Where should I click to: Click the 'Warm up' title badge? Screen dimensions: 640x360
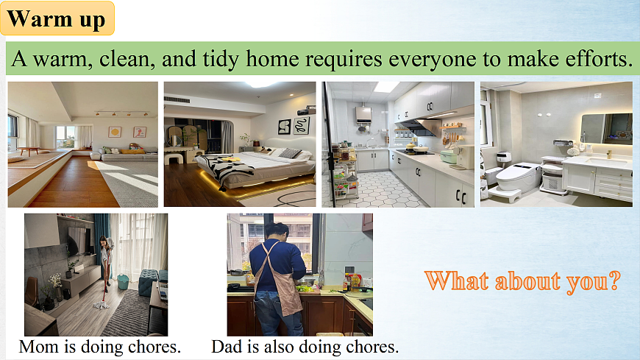pyautogui.click(x=57, y=18)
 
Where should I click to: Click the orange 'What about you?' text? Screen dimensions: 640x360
pyautogui.click(x=522, y=281)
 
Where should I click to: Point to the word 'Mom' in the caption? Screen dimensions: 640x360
pyautogui.click(x=39, y=347)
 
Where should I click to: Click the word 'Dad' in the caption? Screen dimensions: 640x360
pyautogui.click(x=227, y=347)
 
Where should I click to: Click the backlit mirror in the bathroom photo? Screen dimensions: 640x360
pyautogui.click(x=607, y=129)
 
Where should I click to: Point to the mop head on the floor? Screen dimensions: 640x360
pyautogui.click(x=101, y=305)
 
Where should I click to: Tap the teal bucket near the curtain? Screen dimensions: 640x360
pyautogui.click(x=124, y=281)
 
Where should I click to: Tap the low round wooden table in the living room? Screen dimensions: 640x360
pyautogui.click(x=29, y=150)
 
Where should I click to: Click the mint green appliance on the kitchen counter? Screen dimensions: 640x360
pyautogui.click(x=449, y=157)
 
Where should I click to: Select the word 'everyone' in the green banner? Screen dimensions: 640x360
pyautogui.click(x=433, y=60)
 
